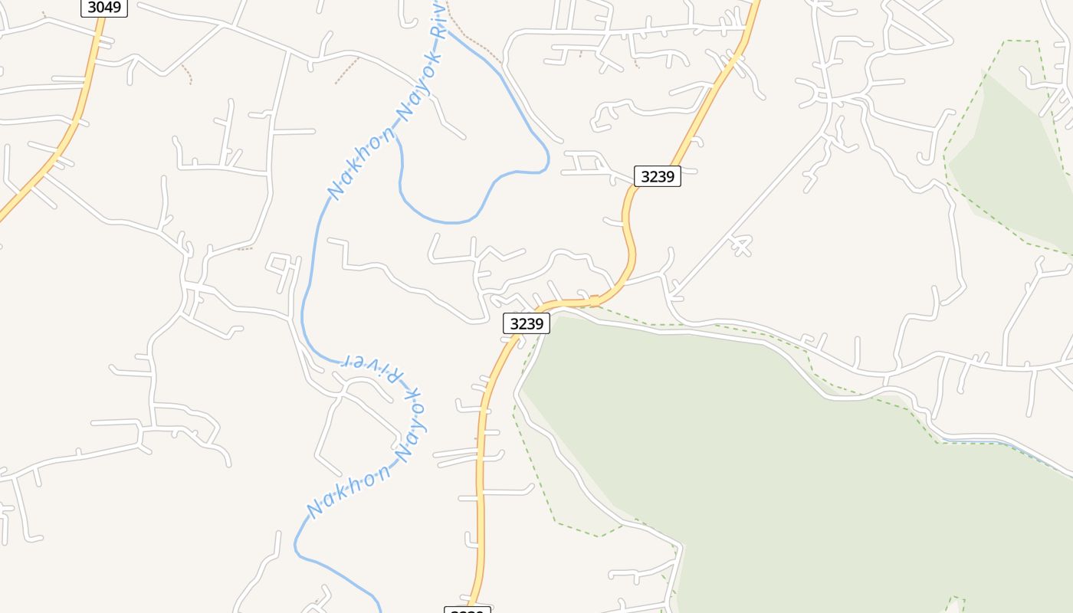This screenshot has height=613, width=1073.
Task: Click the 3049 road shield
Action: [104, 8]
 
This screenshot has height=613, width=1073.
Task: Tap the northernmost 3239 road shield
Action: [657, 176]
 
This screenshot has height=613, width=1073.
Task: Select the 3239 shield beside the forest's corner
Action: [527, 323]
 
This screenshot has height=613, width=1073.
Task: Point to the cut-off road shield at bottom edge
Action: [467, 609]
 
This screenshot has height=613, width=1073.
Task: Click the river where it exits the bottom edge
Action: [378, 605]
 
